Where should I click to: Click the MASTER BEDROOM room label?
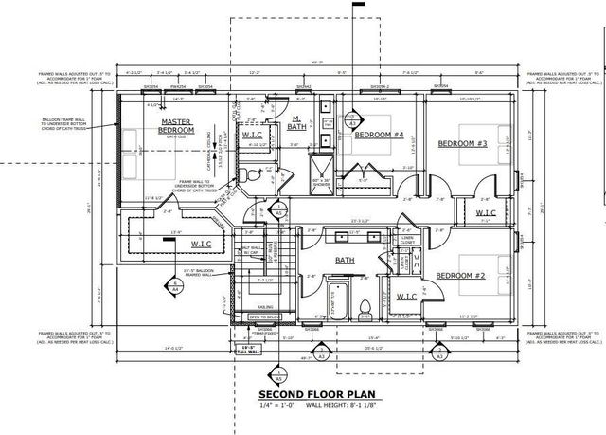176,126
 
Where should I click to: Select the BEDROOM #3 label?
462,143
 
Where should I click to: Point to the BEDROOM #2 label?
460,275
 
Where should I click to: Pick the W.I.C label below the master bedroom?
201,244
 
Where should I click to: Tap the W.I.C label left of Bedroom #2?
405,297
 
